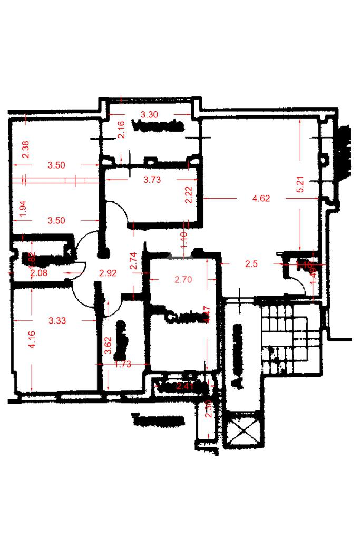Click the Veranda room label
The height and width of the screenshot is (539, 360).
pos(158,126)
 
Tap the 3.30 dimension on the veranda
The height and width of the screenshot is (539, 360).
pos(149,114)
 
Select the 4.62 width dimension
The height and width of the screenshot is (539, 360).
pos(261,199)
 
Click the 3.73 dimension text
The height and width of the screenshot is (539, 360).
pos(152,180)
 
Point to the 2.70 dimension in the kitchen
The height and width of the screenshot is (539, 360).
pos(183,280)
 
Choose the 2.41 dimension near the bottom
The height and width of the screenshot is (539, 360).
pos(186,387)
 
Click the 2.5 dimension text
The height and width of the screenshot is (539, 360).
pos(251,264)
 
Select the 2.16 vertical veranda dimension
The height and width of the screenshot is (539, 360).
pos(121,130)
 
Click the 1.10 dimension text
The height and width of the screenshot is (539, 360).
pos(184,241)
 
